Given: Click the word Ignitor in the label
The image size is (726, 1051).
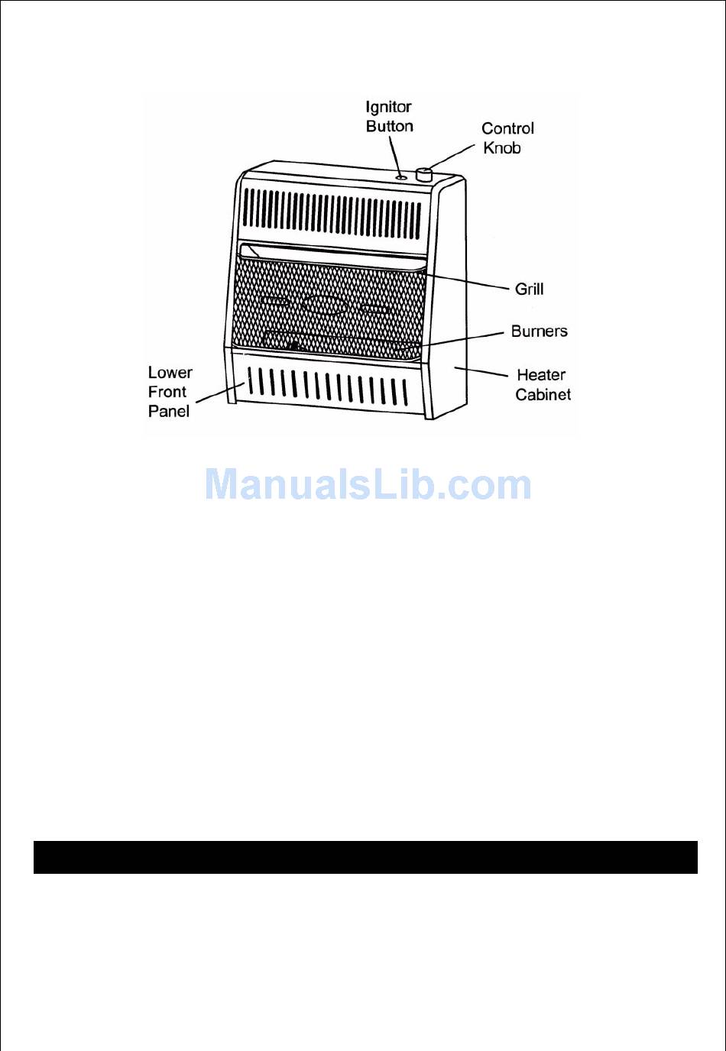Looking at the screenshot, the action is pyautogui.click(x=388, y=107).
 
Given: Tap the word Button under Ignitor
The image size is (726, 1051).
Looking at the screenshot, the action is pyautogui.click(x=389, y=126).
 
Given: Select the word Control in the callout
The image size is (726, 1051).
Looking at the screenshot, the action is pyautogui.click(x=507, y=128).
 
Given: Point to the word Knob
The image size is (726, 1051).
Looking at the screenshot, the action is pyautogui.click(x=501, y=147).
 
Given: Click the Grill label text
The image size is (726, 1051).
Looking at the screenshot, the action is pyautogui.click(x=529, y=289).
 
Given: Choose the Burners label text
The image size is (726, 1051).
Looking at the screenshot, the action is pyautogui.click(x=539, y=331).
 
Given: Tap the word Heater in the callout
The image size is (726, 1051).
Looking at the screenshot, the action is pyautogui.click(x=541, y=375).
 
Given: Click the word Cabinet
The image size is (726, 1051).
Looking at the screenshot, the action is pyautogui.click(x=543, y=394).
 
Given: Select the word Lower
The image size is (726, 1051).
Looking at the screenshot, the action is pyautogui.click(x=170, y=373).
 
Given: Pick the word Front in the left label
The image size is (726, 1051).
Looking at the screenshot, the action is pyautogui.click(x=167, y=392).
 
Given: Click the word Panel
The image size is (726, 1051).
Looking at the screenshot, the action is pyautogui.click(x=168, y=411).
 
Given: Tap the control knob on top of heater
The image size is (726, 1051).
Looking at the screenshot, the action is pyautogui.click(x=423, y=175).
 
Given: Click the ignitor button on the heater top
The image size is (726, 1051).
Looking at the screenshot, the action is pyautogui.click(x=401, y=177).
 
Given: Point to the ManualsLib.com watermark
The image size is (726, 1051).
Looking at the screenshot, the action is pyautogui.click(x=368, y=485).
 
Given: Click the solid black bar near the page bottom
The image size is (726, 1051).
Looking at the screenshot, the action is pyautogui.click(x=365, y=857).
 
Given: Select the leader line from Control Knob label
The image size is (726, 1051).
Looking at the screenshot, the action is pyautogui.click(x=452, y=156).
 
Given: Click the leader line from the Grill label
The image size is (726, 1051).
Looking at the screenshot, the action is pyautogui.click(x=466, y=282).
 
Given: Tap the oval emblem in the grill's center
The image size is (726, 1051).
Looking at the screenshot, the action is pyautogui.click(x=324, y=304).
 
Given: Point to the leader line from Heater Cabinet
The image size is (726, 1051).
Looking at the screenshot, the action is pyautogui.click(x=481, y=372).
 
